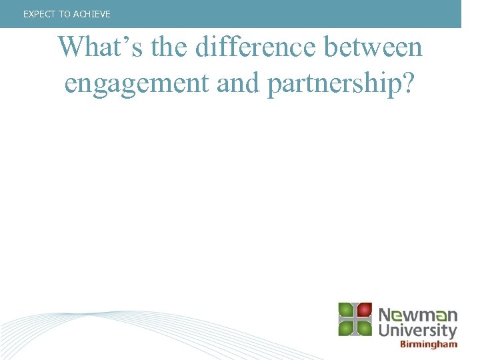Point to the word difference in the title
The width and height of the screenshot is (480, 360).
[x=249, y=48]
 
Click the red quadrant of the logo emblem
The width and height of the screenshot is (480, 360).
[x=363, y=311]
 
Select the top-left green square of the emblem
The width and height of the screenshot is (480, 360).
[x=346, y=311]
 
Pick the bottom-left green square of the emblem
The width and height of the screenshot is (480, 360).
[x=346, y=327]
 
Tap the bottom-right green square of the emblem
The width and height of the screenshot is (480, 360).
[x=363, y=327]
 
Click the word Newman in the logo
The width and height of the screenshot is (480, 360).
[x=418, y=315]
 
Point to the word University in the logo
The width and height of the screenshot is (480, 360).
[x=418, y=330]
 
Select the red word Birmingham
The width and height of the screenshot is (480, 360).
[x=429, y=344]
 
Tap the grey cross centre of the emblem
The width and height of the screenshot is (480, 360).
[x=355, y=319]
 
